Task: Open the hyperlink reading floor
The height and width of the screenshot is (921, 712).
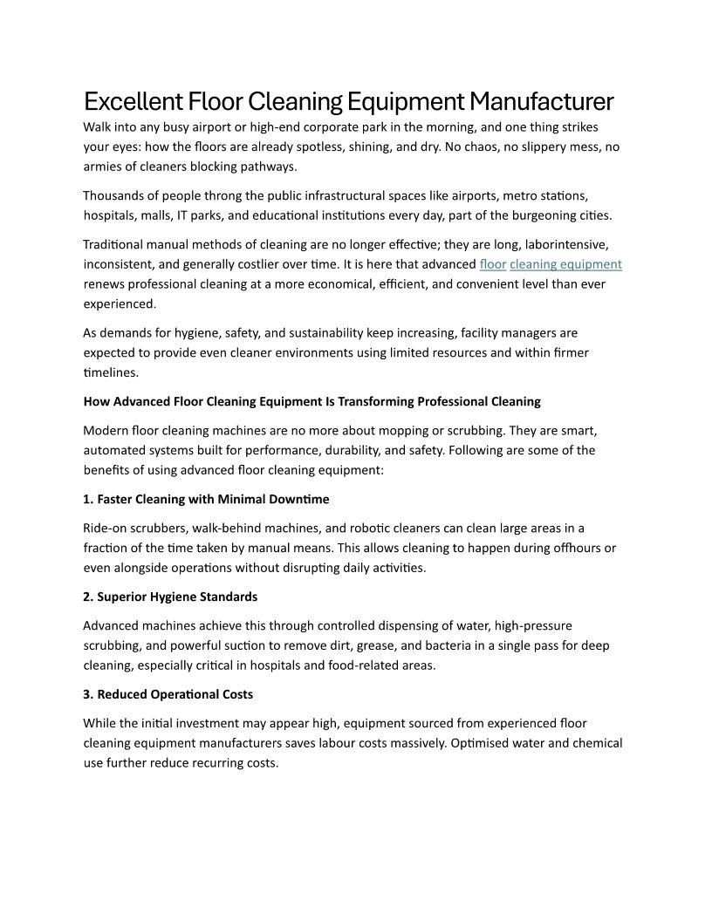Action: pyautogui.click(x=493, y=264)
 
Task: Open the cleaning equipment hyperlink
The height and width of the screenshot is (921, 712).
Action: pyautogui.click(x=565, y=264)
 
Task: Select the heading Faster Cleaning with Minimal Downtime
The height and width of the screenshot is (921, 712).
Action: pyautogui.click(x=206, y=499)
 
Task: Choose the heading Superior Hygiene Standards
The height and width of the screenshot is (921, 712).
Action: pyautogui.click(x=170, y=597)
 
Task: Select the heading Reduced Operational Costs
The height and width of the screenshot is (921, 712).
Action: pyautogui.click(x=168, y=694)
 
